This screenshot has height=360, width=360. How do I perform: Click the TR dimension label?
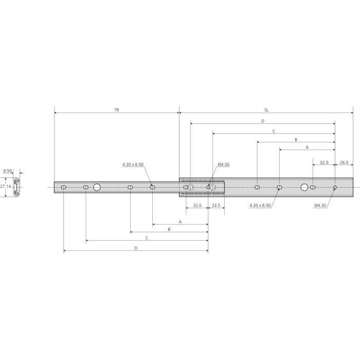click(117, 110)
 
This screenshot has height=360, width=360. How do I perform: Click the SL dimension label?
click(266, 110)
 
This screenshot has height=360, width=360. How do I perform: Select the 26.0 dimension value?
click(344, 162)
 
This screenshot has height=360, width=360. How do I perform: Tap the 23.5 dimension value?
click(216, 205)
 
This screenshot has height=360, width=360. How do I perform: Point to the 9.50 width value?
click(8, 170)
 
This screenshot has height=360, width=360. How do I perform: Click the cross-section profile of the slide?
click(17, 187)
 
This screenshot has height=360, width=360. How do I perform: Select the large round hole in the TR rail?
click(97, 188)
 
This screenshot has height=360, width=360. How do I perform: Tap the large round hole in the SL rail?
click(304, 188)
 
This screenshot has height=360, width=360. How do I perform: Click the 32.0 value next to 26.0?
click(324, 162)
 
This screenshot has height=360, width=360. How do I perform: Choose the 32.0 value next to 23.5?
click(197, 205)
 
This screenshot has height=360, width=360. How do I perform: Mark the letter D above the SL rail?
click(262, 121)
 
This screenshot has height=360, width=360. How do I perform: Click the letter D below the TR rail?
click(136, 248)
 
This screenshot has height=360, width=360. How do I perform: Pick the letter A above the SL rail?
click(307, 147)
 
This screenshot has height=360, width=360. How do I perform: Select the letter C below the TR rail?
click(147, 238)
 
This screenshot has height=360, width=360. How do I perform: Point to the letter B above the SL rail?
click(296, 139)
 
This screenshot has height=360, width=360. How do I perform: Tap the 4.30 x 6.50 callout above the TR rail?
click(133, 165)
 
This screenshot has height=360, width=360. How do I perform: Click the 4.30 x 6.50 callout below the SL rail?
click(260, 206)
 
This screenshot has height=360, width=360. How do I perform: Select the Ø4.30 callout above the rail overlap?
click(223, 165)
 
